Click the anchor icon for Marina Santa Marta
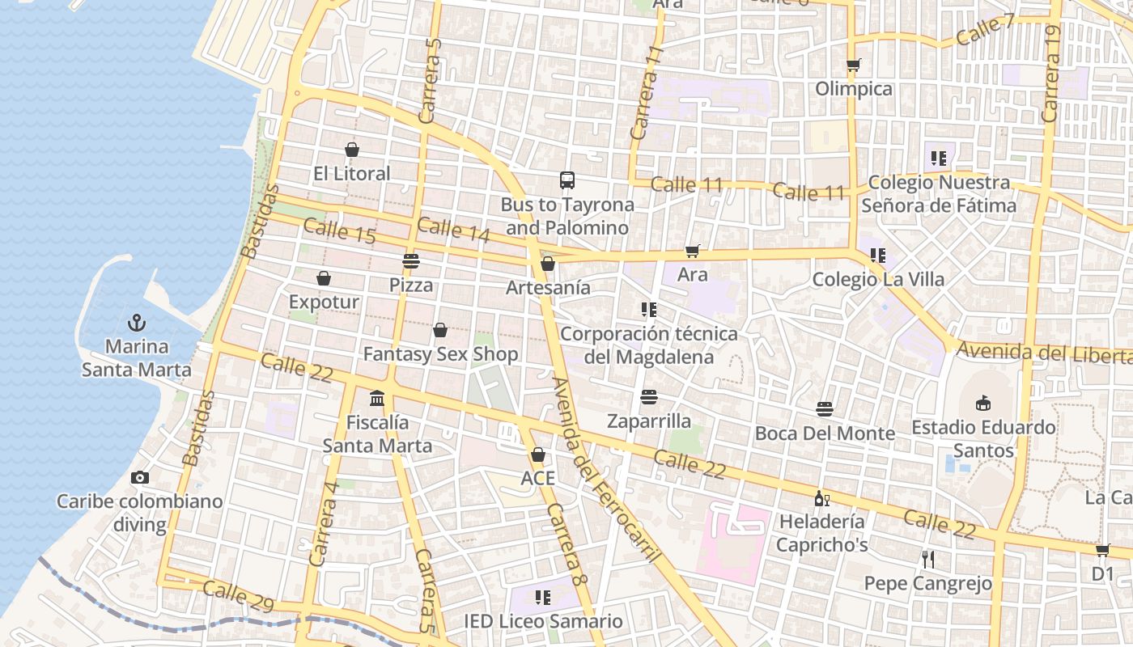tap(138, 323)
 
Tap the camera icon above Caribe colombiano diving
tap(139, 477)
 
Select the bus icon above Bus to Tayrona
tap(567, 180)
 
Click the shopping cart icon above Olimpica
tap(853, 65)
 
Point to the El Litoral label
tap(352, 173)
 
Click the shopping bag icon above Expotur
tap(324, 278)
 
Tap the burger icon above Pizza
tap(411, 261)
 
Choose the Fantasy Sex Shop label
tap(440, 354)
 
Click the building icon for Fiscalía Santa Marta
tap(377, 398)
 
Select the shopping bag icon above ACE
tap(538, 455)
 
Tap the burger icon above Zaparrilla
tap(649, 397)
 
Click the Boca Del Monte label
tap(825, 433)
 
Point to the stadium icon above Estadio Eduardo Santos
tap(983, 403)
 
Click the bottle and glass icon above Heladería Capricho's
tap(821, 498)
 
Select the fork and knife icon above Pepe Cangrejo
tap(928, 559)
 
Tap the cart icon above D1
tap(1102, 550)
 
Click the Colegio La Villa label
tap(878, 280)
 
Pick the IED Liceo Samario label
tap(543, 621)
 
